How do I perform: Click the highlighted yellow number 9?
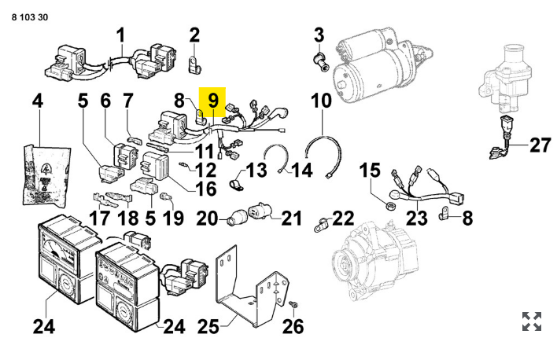pos(213,101)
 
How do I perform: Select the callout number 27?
pos(540,145)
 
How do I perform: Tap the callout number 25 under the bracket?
pos(208,325)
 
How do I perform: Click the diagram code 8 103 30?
pos(29,17)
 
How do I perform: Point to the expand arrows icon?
pos(532,321)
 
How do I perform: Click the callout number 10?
pos(322,101)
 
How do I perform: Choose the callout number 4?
pos(37,101)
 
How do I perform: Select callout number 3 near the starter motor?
pos(319,35)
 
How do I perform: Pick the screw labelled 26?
pos(293,303)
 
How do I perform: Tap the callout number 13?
pos(256,171)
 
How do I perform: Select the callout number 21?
pos(291,219)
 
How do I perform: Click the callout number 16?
pos(205,189)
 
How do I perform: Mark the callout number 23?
pos(417,219)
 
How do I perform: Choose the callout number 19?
pos(173,219)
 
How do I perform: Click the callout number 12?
pos(205,169)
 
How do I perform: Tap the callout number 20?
pos(206,219)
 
